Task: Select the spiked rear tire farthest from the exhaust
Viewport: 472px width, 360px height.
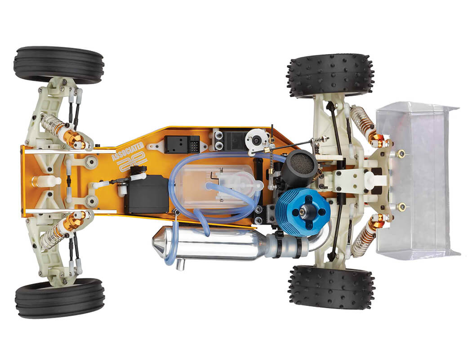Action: pyautogui.click(x=330, y=75)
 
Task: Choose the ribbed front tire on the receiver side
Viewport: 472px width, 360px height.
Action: pyautogui.click(x=59, y=65)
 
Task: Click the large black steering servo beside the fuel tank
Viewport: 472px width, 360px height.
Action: pyautogui.click(x=146, y=198)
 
